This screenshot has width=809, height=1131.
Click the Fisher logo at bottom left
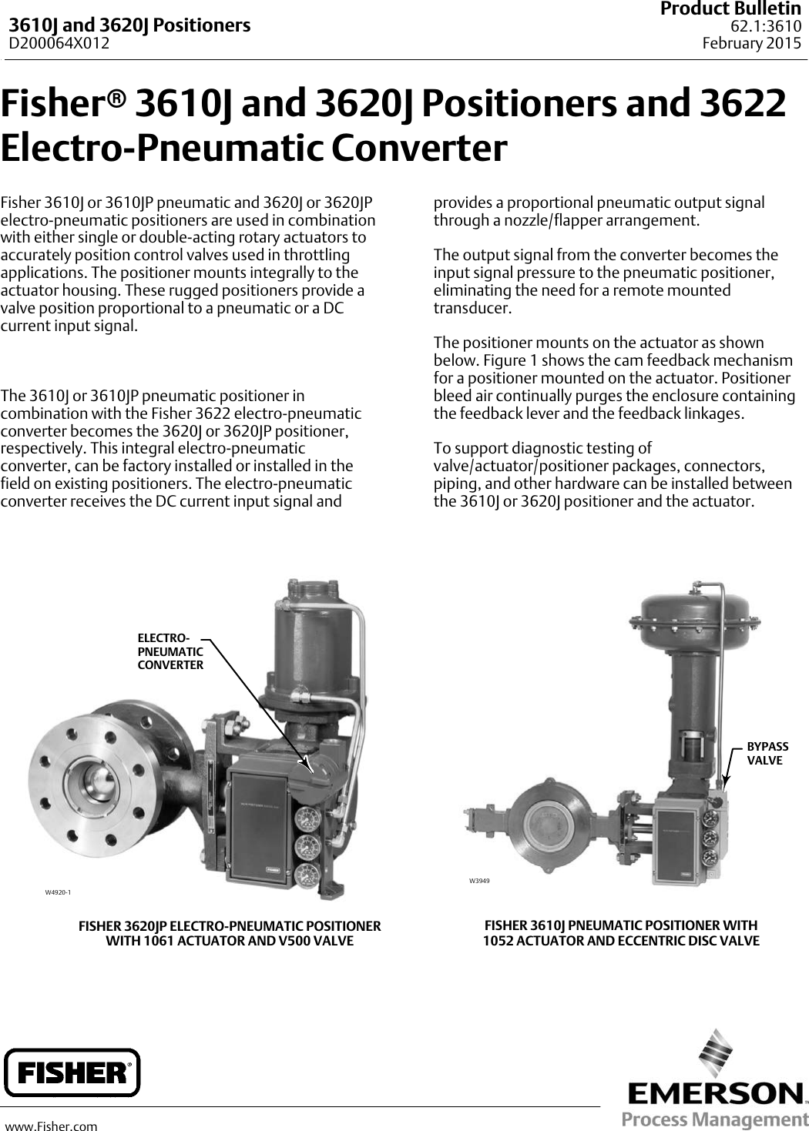point(72,1072)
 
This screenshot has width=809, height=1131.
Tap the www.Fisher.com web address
point(52,1126)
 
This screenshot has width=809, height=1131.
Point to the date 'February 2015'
point(752,43)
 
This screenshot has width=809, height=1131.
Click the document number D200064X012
point(59,43)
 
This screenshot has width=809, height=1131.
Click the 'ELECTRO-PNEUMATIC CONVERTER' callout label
point(170,651)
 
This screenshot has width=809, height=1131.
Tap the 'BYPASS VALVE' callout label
point(767,754)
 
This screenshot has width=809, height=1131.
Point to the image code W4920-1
point(58,892)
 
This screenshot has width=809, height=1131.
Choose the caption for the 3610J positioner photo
point(620,932)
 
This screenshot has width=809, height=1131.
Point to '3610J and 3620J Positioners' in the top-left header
point(129,25)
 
